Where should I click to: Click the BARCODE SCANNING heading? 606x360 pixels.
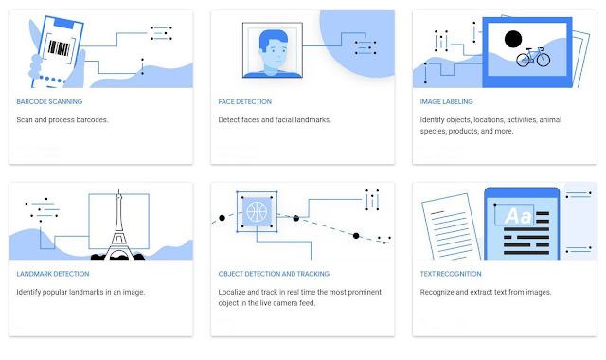tap(49, 101)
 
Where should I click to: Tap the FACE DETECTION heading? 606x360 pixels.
tap(244, 101)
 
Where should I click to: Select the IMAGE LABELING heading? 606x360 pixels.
tap(446, 101)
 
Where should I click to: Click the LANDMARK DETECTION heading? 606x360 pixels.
tap(53, 274)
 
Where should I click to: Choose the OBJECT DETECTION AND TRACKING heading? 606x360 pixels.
tap(274, 274)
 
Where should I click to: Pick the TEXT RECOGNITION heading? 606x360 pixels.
tap(451, 274)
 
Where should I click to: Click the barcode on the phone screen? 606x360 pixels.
tap(59, 48)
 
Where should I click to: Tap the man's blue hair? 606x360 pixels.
tap(273, 39)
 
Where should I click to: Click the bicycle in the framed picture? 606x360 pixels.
tap(533, 57)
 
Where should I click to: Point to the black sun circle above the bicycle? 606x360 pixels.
tap(513, 39)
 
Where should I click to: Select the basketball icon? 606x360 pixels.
tap(257, 212)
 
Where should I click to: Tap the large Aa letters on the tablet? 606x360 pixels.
tap(518, 216)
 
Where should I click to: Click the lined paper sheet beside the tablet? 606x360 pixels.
tap(451, 227)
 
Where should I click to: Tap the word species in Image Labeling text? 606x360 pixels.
tap(433, 131)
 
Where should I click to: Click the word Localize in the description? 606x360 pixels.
tap(231, 292)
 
